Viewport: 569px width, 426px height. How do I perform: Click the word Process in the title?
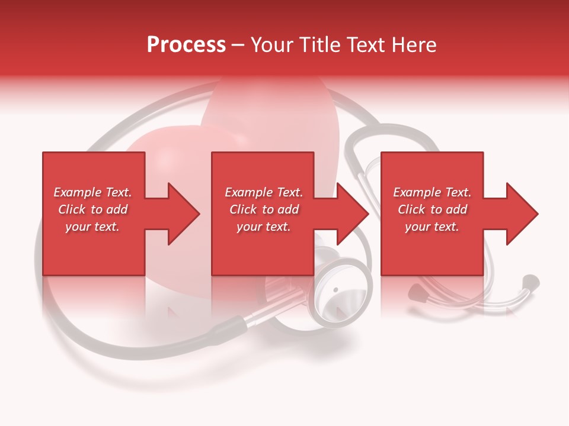(186, 45)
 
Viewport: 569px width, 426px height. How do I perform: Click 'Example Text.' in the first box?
(92, 192)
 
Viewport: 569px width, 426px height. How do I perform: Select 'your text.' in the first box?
(92, 227)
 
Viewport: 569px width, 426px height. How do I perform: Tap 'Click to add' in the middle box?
(264, 209)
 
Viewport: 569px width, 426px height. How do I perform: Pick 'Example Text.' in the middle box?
(264, 192)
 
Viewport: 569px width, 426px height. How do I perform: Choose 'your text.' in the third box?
(432, 227)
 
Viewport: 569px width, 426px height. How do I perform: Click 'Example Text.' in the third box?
(432, 192)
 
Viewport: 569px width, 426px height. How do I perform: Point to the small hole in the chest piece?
(335, 290)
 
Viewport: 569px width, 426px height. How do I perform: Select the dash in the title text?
(238, 45)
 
